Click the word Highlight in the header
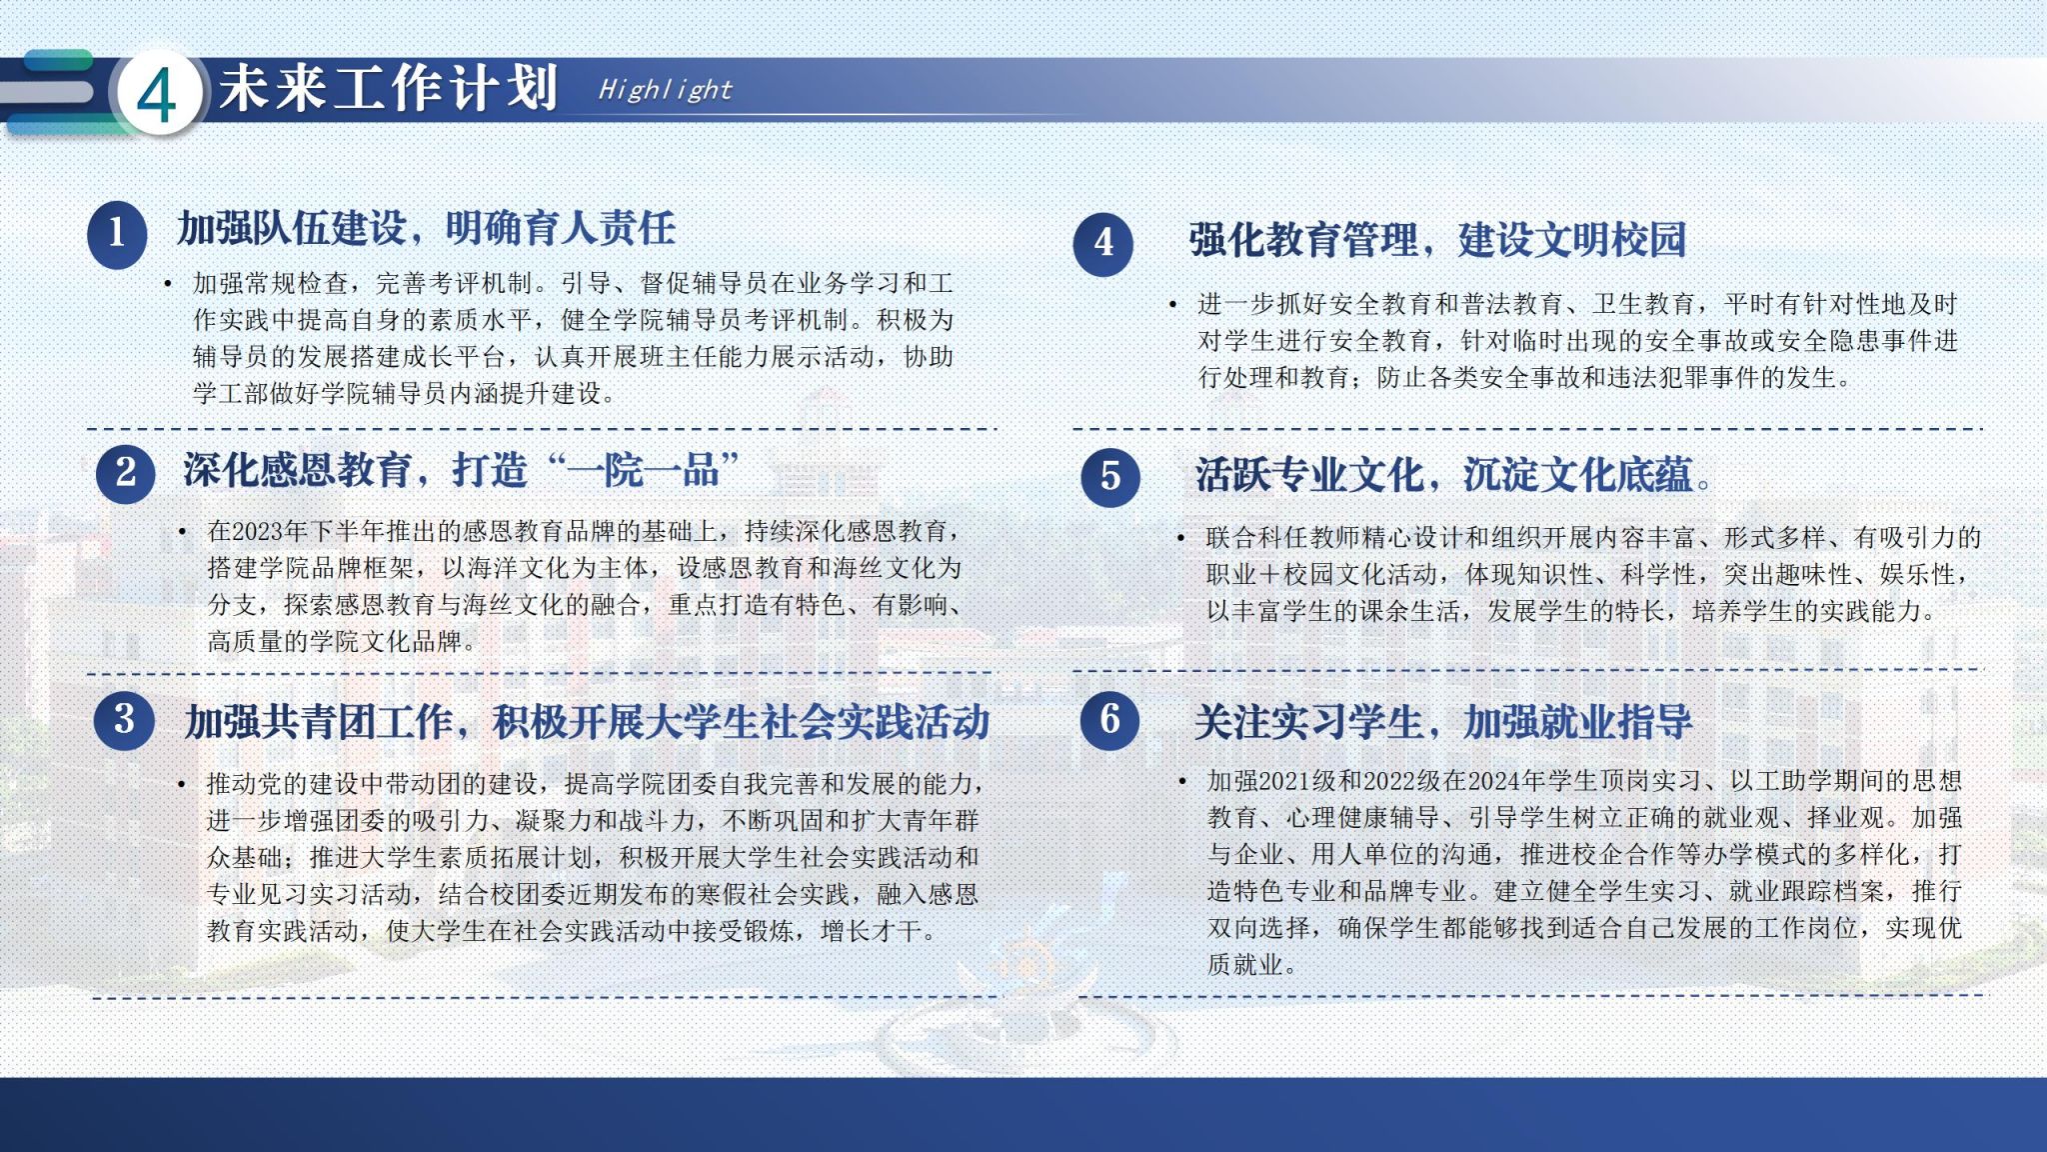[x=665, y=90]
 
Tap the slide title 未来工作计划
[x=388, y=88]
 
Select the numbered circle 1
[x=117, y=234]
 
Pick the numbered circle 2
[x=126, y=472]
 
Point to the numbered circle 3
[x=124, y=719]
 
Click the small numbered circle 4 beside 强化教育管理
[x=1103, y=243]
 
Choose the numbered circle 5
[x=1110, y=476]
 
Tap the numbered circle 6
[x=1109, y=720]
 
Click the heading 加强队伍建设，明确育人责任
[x=427, y=229]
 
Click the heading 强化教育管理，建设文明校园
[x=1437, y=240]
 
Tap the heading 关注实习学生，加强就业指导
[x=1443, y=721]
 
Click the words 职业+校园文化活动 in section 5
[x=1322, y=575]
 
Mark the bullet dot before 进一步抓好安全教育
[x=1173, y=304]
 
